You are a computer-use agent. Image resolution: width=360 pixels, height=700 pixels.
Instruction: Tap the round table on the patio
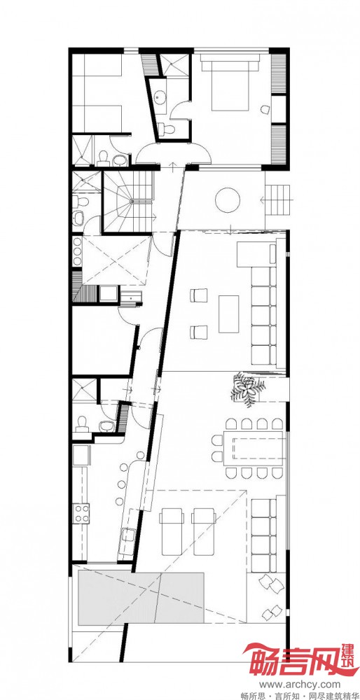(228, 199)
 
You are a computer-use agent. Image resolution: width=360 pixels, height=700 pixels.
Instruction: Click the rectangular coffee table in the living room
(229, 314)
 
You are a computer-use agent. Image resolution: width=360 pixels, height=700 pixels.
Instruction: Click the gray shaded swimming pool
(141, 598)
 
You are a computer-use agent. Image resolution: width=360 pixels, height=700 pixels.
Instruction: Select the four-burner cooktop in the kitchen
(81, 513)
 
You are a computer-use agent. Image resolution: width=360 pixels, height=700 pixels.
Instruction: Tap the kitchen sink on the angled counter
(129, 535)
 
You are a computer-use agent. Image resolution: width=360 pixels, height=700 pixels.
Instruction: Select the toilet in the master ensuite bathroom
(167, 129)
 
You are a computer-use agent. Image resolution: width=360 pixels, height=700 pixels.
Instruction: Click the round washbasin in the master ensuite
(159, 97)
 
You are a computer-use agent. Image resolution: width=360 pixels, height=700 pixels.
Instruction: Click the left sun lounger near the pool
(172, 531)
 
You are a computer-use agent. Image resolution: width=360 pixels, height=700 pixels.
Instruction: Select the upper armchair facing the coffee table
(199, 295)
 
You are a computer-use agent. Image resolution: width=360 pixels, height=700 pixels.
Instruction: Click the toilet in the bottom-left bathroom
(82, 423)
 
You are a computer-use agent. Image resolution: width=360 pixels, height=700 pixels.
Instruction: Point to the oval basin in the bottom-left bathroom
(106, 426)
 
